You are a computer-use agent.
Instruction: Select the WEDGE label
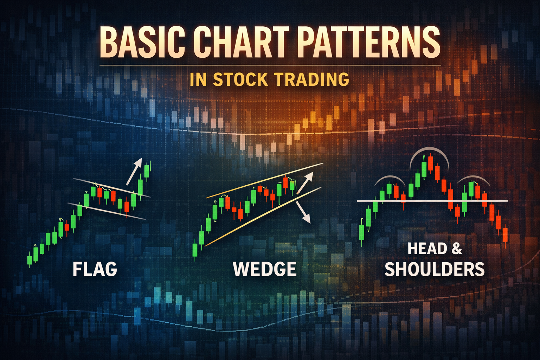[265, 269]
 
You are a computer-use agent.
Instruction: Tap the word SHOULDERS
[435, 269]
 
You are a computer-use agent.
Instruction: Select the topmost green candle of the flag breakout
[147, 171]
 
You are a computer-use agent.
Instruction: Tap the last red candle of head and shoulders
[505, 235]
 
